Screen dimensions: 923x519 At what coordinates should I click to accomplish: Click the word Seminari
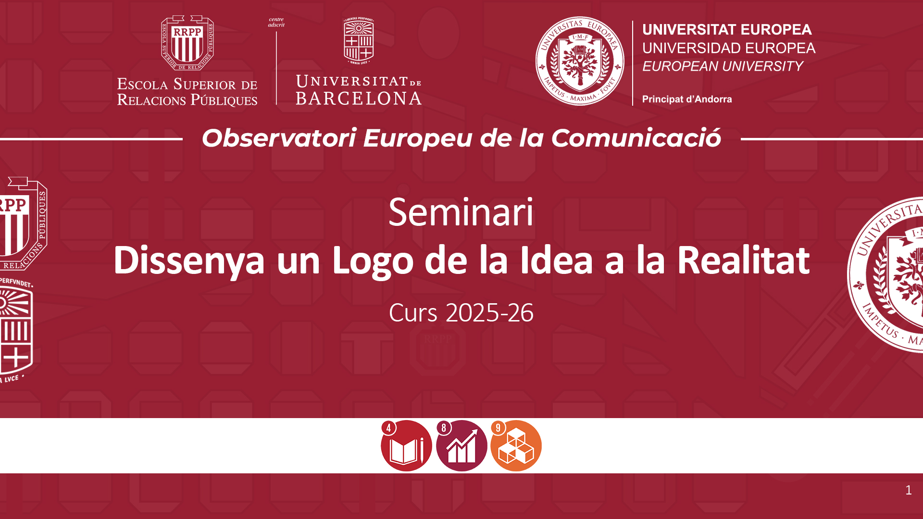pos(461,212)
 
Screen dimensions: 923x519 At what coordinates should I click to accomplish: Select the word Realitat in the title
pos(743,260)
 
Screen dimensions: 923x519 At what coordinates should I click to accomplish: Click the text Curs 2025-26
pos(461,313)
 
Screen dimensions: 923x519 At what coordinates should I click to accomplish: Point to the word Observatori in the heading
pos(279,138)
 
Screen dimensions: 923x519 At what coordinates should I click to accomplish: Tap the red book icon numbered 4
pos(406,445)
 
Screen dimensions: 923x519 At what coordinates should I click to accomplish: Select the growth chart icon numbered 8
pos(461,445)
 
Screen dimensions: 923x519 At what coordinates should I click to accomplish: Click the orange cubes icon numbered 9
pos(516,445)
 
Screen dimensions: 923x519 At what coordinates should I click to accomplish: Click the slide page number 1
pos(908,490)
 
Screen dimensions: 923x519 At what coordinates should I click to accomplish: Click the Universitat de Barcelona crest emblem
pos(359,41)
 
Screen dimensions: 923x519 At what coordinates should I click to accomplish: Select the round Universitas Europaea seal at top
pos(580,61)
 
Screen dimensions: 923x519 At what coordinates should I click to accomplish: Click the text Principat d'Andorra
pos(687,99)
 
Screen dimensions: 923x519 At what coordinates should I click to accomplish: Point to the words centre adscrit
pos(276,22)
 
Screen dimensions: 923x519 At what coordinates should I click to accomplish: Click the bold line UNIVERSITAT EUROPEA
pos(727,30)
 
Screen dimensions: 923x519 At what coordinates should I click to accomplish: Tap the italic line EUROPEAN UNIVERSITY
pos(723,66)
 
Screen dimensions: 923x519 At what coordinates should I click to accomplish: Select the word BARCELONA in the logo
pos(359,99)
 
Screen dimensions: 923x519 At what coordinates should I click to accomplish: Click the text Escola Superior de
pos(187,84)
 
